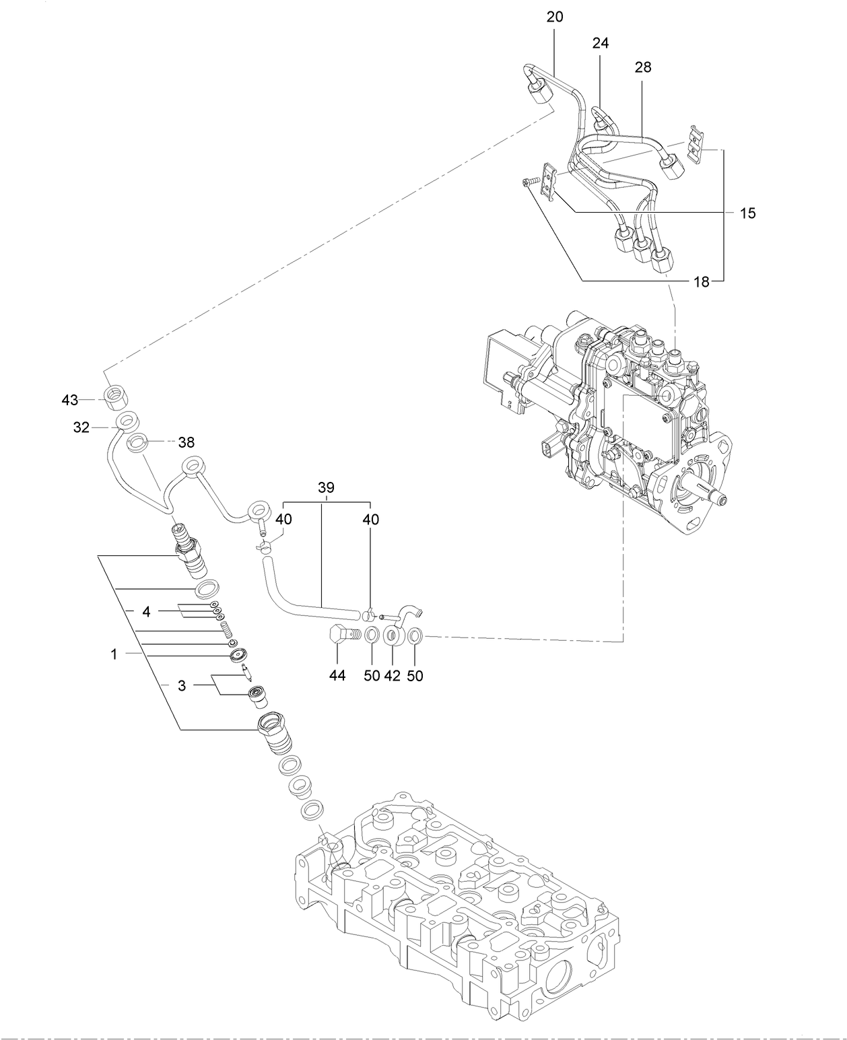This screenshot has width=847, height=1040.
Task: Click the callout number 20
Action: (555, 17)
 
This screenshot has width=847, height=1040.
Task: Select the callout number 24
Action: (600, 43)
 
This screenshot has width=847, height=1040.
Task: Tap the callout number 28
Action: (642, 67)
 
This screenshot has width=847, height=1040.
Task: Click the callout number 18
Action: (702, 282)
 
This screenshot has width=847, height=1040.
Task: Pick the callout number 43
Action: (70, 400)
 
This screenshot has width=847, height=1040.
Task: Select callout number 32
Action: (81, 427)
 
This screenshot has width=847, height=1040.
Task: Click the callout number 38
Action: (186, 442)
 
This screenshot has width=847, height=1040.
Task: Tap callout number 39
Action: (326, 487)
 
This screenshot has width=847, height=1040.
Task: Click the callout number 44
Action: (337, 675)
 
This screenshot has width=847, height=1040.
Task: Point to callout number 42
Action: (393, 675)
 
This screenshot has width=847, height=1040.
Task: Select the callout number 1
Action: (114, 654)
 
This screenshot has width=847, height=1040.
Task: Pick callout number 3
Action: (181, 685)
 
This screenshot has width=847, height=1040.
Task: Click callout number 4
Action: (146, 611)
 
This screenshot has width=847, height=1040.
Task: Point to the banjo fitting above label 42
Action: (393, 636)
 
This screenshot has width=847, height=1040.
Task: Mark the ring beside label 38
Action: (138, 443)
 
